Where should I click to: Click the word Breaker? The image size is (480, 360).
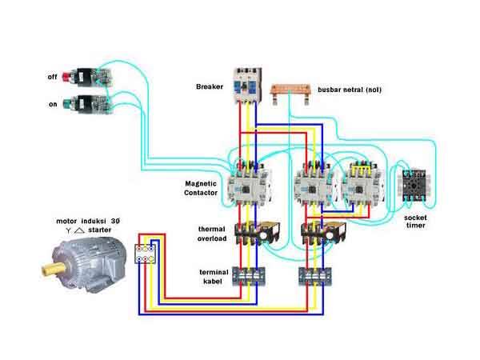[209, 86]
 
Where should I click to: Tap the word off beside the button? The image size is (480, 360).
[53, 77]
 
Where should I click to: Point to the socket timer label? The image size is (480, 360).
[415, 221]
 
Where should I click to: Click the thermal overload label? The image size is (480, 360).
[212, 234]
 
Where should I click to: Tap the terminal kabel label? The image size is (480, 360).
[214, 277]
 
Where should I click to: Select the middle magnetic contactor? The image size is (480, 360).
[314, 182]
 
